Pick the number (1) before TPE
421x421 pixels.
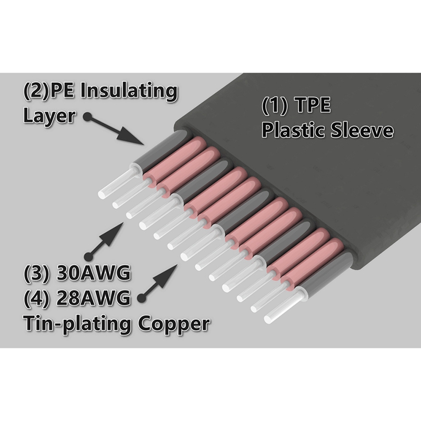tap(274, 106)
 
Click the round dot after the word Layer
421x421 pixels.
tap(87, 116)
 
